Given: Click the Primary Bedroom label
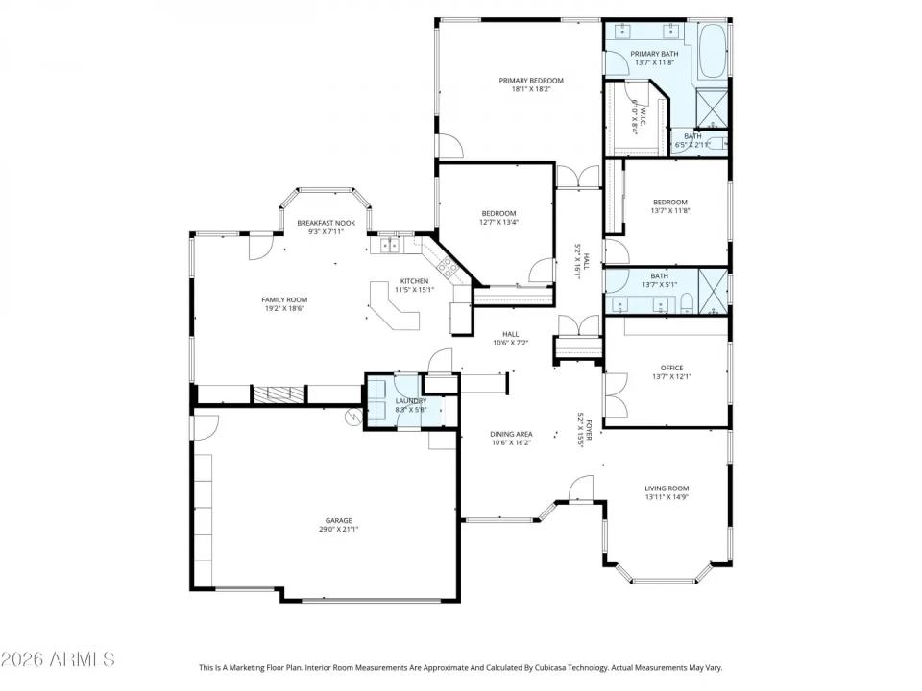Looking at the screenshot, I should tap(530, 81).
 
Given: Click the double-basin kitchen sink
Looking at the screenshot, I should tap(390, 245).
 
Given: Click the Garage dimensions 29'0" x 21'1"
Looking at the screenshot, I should tap(339, 529).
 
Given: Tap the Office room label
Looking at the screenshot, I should tap(670, 367).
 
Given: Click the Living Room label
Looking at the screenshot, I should tap(667, 488).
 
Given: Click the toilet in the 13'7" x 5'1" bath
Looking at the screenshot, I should tap(686, 306).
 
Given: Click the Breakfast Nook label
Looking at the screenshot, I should tap(326, 223).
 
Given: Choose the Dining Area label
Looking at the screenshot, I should tap(511, 434).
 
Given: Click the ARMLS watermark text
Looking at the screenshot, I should tap(58, 659).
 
